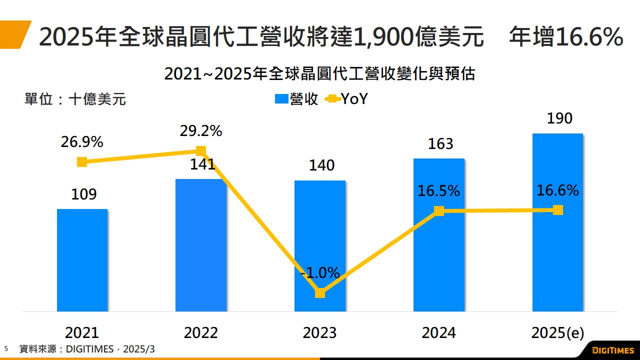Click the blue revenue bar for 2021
coord(82,260)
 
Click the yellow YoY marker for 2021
coord(82,161)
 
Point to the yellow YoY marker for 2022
coord(201,150)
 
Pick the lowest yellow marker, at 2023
coord(320,293)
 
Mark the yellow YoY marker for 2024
coord(439,211)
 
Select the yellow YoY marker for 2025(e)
coord(558,210)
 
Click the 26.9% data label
coord(82,142)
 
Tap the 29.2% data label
coord(201,131)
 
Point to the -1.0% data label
coord(320,273)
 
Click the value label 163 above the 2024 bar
coord(440,144)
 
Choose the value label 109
coord(83,194)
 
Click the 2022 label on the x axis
coord(201,333)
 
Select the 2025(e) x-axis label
coord(558,333)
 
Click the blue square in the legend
coord(281,99)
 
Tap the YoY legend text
coord(354,99)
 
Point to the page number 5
coord(6,348)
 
